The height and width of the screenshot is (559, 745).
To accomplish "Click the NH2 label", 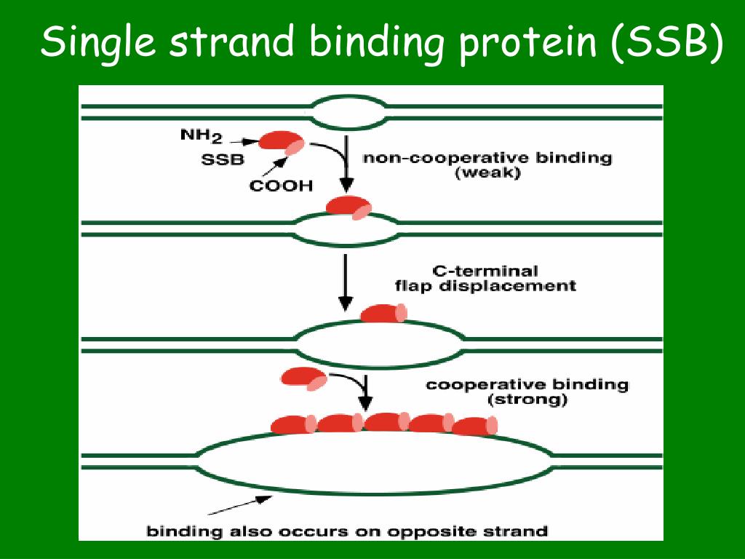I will (x=201, y=136).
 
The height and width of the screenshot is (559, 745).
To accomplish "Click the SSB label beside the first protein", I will (x=223, y=160).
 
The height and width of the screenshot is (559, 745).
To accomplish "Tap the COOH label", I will (x=281, y=186).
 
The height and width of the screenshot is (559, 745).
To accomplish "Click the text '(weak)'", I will (x=487, y=175).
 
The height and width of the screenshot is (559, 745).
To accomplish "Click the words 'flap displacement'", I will (x=485, y=286).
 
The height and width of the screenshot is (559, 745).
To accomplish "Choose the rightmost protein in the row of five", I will (x=474, y=426).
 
